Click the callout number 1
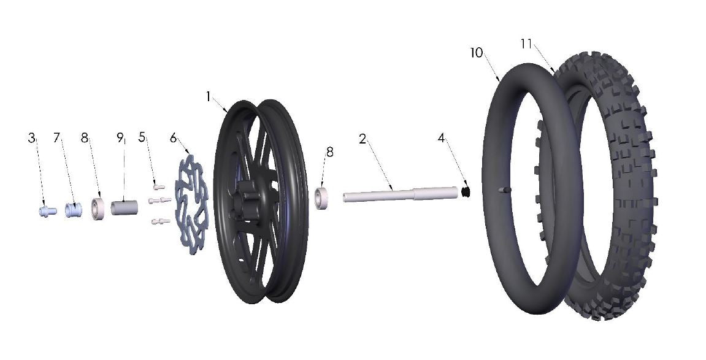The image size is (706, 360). pos(209,96)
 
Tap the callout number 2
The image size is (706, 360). pos(363,139)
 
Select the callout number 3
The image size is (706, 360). pos(32,137)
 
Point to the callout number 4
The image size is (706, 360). pos(441,137)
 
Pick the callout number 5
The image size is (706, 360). pos(142,137)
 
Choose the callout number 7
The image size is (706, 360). pos(58,137)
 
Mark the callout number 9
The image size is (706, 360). pos(120,137)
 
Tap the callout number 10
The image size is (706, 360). pos(477,52)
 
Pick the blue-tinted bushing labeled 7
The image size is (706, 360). pos(73,209)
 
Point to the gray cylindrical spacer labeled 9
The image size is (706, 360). pos(124,206)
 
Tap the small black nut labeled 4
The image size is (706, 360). pos(465,192)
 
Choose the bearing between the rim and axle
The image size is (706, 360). pos(322,198)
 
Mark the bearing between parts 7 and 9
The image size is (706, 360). pos(97,207)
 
